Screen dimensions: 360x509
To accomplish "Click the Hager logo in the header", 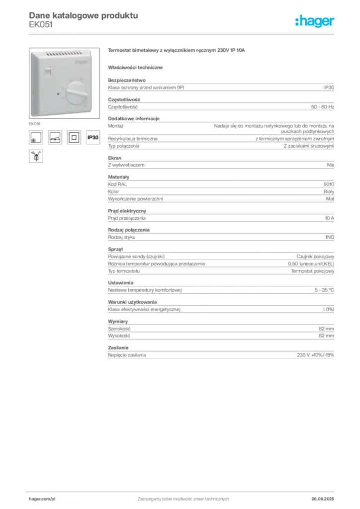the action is (x=314, y=21).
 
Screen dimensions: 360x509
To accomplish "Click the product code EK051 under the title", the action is (x=41, y=25).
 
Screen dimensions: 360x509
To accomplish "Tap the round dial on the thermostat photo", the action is (x=77, y=93).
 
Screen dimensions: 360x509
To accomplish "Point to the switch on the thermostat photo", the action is (x=48, y=71).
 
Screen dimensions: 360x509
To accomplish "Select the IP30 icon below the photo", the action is (x=93, y=137).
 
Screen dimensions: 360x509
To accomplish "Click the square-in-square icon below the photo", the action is (x=74, y=137).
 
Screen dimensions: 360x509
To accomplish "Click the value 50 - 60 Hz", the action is (x=322, y=107).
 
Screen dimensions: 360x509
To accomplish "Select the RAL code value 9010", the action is (x=329, y=184).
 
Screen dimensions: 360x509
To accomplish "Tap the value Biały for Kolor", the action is (x=329, y=191).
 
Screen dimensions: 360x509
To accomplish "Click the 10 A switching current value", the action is (x=329, y=218).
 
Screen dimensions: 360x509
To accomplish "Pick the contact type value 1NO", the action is (x=330, y=237).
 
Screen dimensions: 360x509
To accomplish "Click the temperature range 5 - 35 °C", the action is (x=324, y=290).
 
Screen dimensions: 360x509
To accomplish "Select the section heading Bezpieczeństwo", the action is (x=127, y=80).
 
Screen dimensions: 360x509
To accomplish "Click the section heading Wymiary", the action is (x=118, y=322).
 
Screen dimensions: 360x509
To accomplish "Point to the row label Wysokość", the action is (x=119, y=336).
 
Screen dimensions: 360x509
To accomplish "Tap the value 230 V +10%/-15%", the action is (x=315, y=355).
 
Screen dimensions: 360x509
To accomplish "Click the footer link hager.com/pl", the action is (x=42, y=499).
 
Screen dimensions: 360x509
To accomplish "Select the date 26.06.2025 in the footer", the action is (x=323, y=499).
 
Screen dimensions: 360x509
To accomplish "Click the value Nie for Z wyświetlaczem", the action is (x=331, y=165).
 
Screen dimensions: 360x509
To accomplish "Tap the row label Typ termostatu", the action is (x=124, y=271).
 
